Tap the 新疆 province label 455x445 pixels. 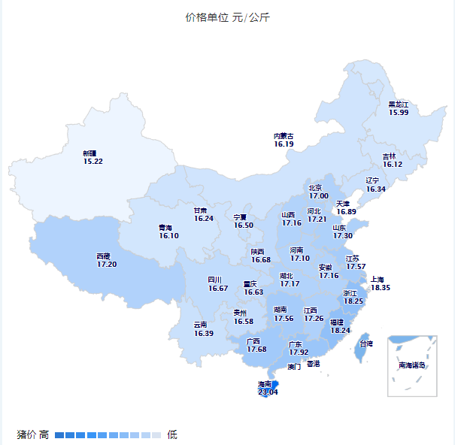pos(89,153)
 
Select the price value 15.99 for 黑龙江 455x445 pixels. pos(399,113)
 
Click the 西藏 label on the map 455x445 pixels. pos(104,256)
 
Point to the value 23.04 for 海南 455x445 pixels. pos(268,392)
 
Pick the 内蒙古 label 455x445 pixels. pos(284,136)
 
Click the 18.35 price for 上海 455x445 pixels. pos(381,288)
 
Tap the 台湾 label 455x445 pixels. pos(366,344)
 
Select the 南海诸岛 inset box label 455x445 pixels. pos(412,365)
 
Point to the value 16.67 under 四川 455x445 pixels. pos(218,288)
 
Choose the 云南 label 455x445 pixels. pos(200,325)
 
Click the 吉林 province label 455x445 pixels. pos(390,156)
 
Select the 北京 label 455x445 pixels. pos(314,188)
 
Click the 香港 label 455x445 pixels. pos(313,363)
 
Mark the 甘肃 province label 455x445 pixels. pos(200,210)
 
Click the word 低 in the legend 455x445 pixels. pos(172,434)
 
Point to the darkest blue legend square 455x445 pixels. pos(59,434)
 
